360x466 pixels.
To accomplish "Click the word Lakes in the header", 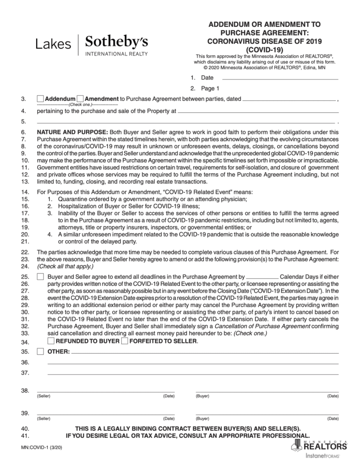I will (53, 45).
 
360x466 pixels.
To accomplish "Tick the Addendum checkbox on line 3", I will (40, 99).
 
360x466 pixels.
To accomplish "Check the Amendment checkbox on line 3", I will (80, 99).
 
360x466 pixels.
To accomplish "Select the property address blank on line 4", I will (258, 112).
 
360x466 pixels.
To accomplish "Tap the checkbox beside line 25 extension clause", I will (40, 277).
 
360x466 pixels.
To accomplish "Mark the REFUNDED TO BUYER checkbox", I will (51, 341).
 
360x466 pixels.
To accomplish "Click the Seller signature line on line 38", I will (105, 390).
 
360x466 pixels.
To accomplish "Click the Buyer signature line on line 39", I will (267, 413).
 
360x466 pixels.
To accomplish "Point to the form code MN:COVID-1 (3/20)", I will (42, 447).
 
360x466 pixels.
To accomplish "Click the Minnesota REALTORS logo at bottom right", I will (319, 447).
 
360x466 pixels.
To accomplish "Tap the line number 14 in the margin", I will (26, 192).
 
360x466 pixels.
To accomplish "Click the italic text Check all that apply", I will (65, 266).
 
